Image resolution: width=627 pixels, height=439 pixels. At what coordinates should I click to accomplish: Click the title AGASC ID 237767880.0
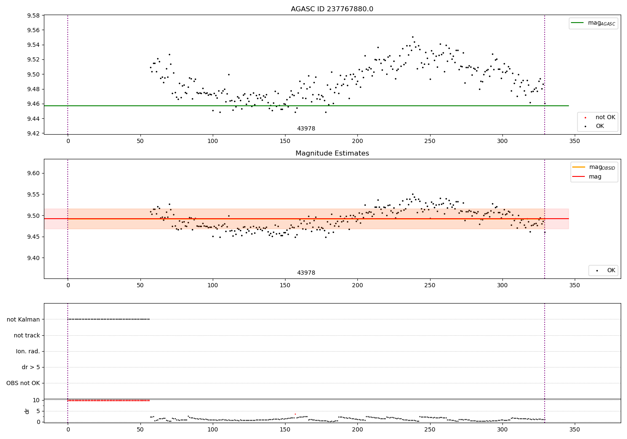click(x=332, y=9)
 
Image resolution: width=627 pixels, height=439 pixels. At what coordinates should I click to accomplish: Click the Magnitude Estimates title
click(x=332, y=153)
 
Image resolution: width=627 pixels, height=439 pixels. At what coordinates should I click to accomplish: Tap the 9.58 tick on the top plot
click(x=33, y=16)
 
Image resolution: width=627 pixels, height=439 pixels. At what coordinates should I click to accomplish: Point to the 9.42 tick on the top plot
click(x=33, y=134)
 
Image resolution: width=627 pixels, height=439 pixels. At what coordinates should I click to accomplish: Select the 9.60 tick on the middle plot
click(x=33, y=173)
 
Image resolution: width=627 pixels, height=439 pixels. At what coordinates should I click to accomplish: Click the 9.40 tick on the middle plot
click(x=33, y=258)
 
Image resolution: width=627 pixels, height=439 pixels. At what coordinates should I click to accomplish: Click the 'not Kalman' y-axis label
click(x=23, y=319)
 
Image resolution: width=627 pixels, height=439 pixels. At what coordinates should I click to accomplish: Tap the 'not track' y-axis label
click(x=27, y=335)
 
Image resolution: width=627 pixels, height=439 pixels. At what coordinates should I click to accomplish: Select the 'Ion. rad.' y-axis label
click(x=28, y=351)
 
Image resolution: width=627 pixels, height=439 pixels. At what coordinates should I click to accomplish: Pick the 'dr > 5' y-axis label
click(x=31, y=367)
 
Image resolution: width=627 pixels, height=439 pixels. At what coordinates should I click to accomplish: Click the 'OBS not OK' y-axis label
click(x=23, y=383)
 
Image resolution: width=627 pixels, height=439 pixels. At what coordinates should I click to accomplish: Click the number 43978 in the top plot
click(x=306, y=129)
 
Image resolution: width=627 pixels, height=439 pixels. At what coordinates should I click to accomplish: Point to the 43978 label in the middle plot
click(x=306, y=273)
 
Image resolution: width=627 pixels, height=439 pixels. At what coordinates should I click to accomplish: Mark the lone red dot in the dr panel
click(x=295, y=414)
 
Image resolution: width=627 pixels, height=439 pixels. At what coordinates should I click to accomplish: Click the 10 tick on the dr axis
click(x=36, y=400)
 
